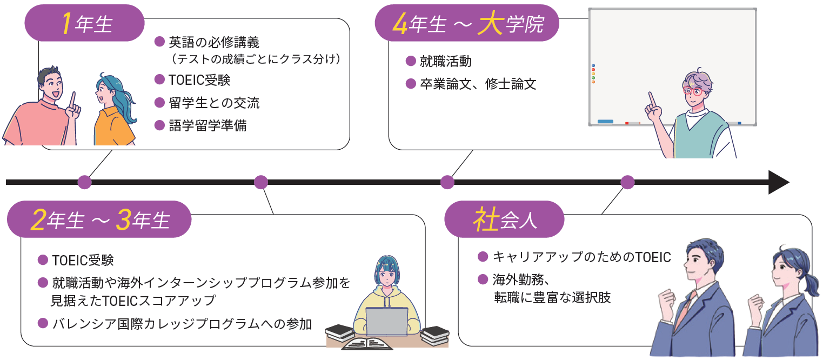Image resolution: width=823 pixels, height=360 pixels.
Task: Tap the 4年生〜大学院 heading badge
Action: coord(466,23)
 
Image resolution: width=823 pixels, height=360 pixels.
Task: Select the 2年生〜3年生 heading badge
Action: coord(99,219)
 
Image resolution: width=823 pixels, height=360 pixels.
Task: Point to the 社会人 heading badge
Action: coord(504,219)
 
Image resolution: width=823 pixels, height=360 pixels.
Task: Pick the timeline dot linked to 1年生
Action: coord(84,182)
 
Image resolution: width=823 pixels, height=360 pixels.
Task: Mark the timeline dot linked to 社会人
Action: coord(627,182)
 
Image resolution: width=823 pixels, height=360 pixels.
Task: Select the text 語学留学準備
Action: coord(207,126)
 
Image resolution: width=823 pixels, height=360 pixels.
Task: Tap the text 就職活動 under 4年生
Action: coord(446,61)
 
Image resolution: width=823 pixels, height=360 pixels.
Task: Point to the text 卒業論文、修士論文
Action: coord(478,84)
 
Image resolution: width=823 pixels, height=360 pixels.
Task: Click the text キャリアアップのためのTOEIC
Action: coord(581,257)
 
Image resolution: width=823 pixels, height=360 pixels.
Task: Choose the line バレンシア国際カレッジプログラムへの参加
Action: coord(182,324)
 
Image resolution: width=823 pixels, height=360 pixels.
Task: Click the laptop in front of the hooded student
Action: coord(386,322)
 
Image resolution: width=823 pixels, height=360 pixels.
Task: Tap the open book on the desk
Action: coord(367,343)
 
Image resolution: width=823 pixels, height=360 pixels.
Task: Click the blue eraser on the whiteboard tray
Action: coord(605,122)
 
